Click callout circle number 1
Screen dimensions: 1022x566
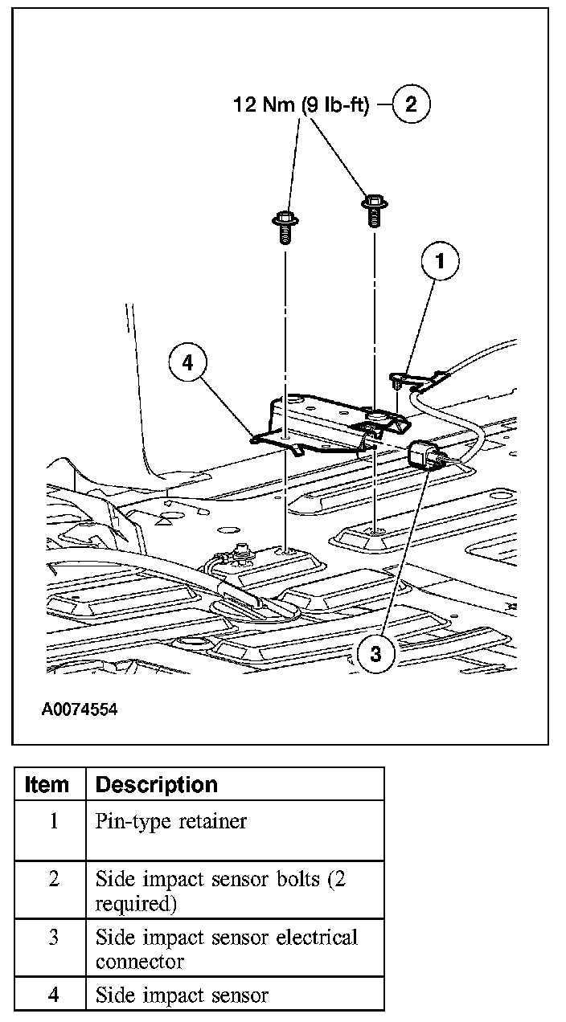pyautogui.click(x=439, y=261)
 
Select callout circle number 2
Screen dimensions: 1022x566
pyautogui.click(x=411, y=104)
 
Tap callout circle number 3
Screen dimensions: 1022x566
pyautogui.click(x=375, y=653)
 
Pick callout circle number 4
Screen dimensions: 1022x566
pyautogui.click(x=187, y=362)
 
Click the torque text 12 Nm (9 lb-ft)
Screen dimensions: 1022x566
pyautogui.click(x=301, y=105)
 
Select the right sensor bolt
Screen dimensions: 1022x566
pyautogui.click(x=374, y=206)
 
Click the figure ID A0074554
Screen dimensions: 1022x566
pyautogui.click(x=80, y=710)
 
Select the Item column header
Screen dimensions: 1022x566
pyautogui.click(x=47, y=785)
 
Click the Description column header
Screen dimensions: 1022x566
pyautogui.click(x=156, y=785)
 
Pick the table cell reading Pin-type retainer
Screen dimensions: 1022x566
pyautogui.click(x=171, y=821)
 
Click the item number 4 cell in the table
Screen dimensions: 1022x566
pyautogui.click(x=53, y=995)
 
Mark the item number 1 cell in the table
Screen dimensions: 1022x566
pyautogui.click(x=53, y=822)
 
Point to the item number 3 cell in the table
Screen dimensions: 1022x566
pyautogui.click(x=53, y=938)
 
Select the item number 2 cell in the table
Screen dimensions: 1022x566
pyautogui.click(x=53, y=879)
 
